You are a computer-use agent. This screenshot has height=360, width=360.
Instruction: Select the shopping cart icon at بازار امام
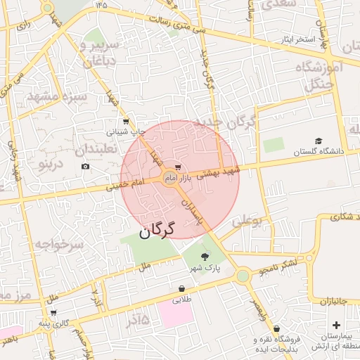tap(176, 167)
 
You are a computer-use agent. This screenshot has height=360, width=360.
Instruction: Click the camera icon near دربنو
tap(86, 166)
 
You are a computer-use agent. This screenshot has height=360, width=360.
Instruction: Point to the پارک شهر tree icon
tap(205, 257)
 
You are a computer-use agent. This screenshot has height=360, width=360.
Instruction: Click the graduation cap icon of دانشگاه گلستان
tap(319, 141)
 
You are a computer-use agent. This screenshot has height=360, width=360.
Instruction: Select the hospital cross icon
tap(337, 325)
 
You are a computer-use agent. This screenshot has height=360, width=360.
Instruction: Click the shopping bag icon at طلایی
tap(182, 288)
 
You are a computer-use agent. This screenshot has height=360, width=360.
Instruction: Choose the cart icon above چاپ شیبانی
tap(126, 121)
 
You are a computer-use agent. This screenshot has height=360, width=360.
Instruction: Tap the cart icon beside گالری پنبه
tap(54, 313)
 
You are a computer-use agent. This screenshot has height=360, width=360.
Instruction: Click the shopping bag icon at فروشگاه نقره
tap(277, 328)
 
